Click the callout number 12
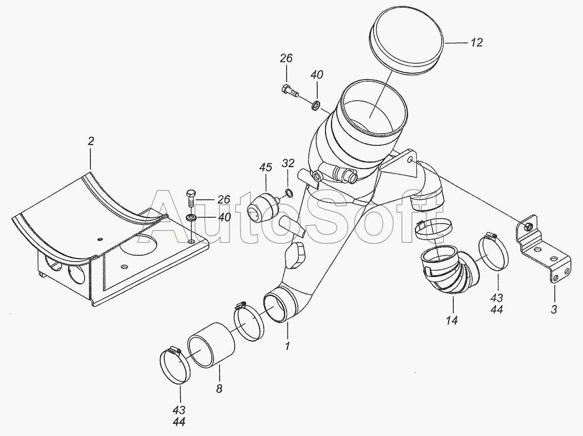477,42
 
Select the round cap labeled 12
446,42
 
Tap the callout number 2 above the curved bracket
91,141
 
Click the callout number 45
266,167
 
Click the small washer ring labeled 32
289,193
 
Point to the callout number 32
289,163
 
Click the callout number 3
554,310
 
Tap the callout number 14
451,321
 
